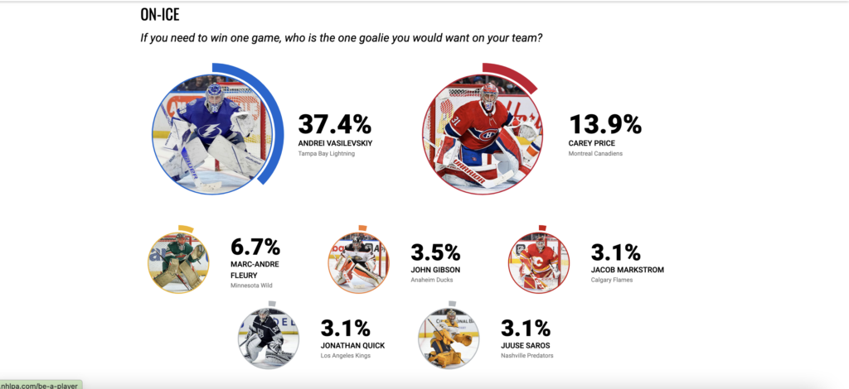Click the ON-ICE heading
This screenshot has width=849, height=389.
click(x=160, y=15)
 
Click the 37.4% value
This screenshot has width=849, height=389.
click(x=335, y=125)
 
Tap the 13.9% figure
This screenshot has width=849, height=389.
click(x=604, y=125)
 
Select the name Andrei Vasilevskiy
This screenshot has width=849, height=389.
click(x=335, y=144)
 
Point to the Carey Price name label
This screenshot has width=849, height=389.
click(x=592, y=144)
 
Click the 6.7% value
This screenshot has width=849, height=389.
click(x=255, y=247)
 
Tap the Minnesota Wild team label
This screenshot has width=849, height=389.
click(x=251, y=286)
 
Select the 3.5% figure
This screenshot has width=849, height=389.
click(x=435, y=252)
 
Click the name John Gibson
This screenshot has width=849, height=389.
click(x=435, y=270)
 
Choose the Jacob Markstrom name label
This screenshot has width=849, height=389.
click(x=627, y=270)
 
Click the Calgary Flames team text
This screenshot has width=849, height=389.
click(x=611, y=280)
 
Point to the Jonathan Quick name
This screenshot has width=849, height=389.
click(x=353, y=346)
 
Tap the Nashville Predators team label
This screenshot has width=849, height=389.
click(x=527, y=356)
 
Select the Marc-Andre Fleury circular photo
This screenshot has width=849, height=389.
click(x=179, y=262)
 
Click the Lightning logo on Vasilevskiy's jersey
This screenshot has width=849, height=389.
click(x=209, y=131)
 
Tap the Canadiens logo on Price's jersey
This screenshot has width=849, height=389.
click(x=488, y=135)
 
